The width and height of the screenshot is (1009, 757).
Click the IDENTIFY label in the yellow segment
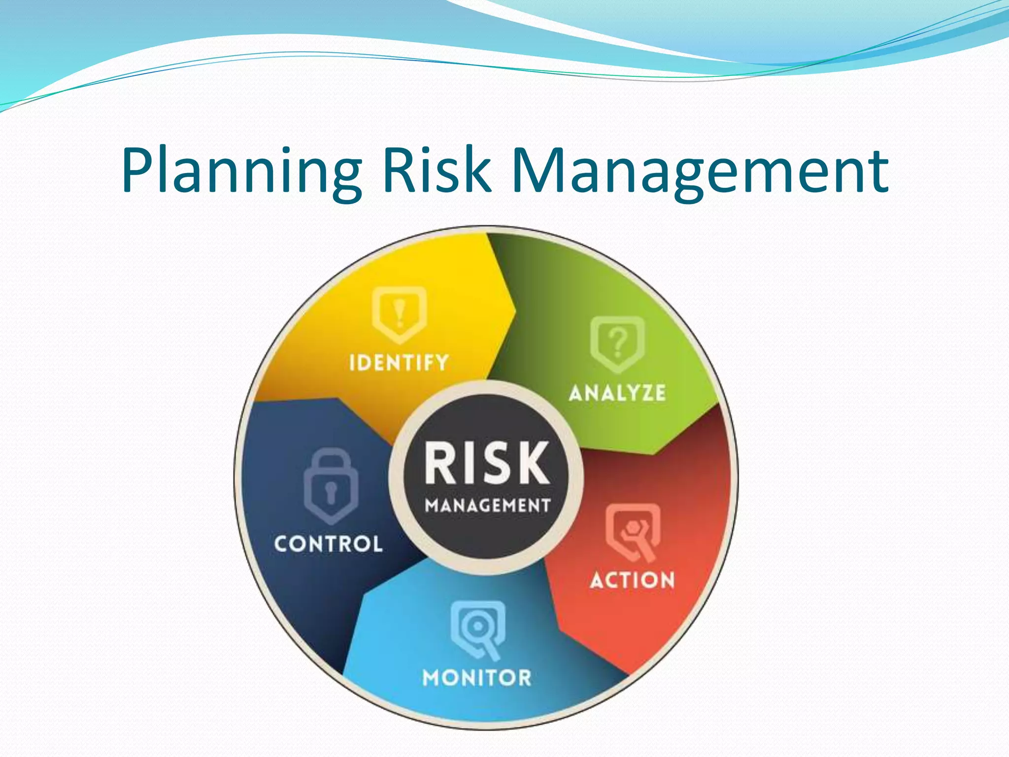[x=399, y=363]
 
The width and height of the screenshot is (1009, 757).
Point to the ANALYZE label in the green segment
[x=617, y=393]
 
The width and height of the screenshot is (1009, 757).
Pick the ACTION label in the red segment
[x=632, y=580]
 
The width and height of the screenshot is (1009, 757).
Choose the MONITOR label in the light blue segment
[x=477, y=678]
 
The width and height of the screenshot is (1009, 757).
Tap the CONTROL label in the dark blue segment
[x=328, y=544]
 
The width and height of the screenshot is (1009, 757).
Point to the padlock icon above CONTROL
[x=331, y=486]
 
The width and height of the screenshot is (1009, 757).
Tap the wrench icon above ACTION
[x=633, y=532]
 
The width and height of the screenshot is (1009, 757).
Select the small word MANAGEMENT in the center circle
[x=487, y=505]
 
